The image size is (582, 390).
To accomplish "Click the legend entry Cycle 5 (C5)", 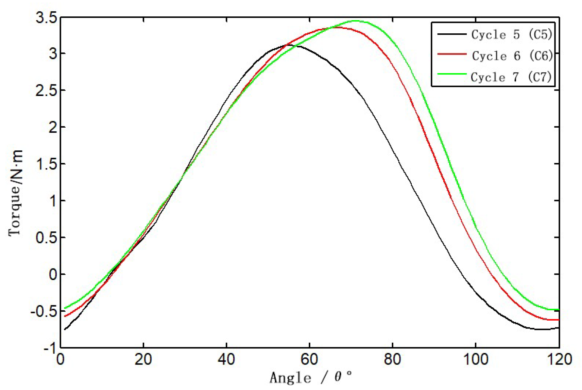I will pos(511,34).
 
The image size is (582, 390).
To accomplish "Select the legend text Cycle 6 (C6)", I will pos(512,56).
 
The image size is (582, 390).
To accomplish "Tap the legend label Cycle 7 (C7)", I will pos(511,77).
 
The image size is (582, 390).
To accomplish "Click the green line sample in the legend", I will pos(451,74).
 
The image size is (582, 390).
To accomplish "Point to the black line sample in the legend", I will pos(451,34).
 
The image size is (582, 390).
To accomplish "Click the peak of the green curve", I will pos(355,21).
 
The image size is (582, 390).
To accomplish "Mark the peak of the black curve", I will pos(291,45).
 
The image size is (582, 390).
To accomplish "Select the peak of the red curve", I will pos(335,27).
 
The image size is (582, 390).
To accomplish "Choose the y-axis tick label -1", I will pos(50,348).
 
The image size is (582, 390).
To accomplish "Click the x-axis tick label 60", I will pos(309,359).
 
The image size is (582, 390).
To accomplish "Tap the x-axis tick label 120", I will pos(559,359).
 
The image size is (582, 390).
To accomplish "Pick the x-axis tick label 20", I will pos(143,359).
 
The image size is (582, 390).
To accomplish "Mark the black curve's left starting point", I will pos(65,329).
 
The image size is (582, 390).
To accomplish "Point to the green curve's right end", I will pos(559,310).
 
